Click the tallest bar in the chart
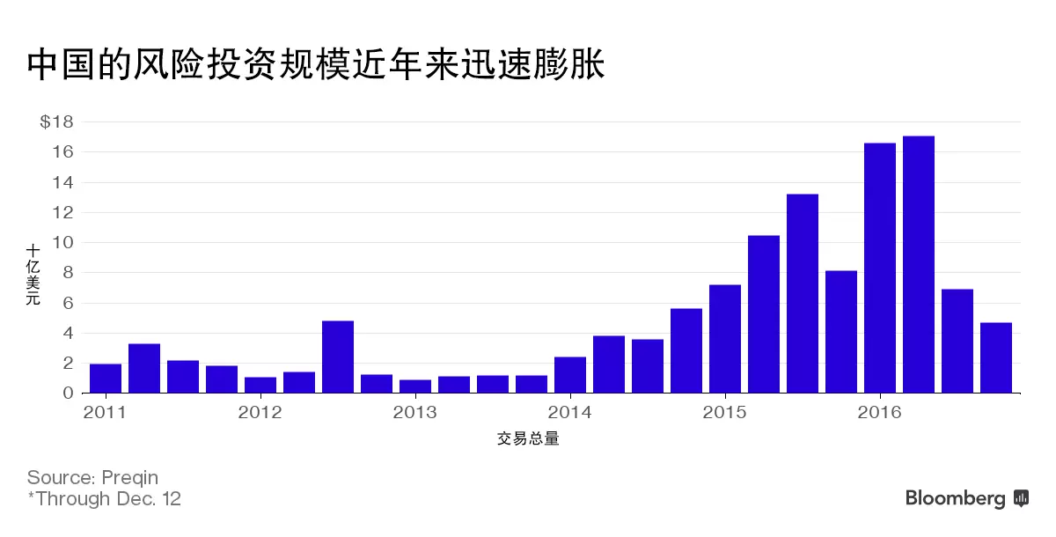918,264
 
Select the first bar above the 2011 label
106,379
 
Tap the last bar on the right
995,358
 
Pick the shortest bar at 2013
415,386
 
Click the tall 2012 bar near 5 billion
338,357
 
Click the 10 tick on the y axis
63,243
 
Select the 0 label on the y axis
68,394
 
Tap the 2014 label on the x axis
570,411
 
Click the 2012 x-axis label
260,411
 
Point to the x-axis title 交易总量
528,438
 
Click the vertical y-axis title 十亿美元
33,276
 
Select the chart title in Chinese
317,65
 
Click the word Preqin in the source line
130,478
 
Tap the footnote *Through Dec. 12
104,499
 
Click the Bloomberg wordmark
955,499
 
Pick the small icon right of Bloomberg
1022,498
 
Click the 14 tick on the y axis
63,182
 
